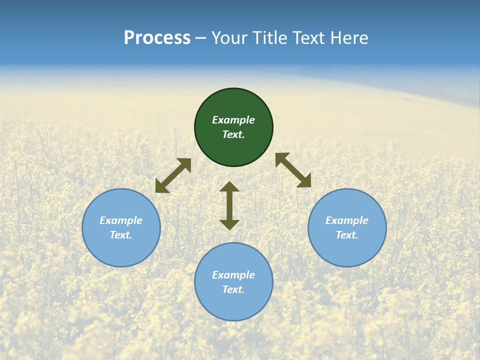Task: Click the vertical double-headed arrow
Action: coord(229,205)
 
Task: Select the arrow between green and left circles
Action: coord(173,175)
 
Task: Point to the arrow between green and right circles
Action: coord(293,170)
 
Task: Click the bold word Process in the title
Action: coord(157,38)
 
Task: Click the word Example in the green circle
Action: coord(233,120)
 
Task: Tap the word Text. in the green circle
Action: coord(233,134)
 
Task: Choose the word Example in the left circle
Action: coord(121,220)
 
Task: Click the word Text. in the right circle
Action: coord(347,235)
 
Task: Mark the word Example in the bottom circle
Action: coord(233,275)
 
